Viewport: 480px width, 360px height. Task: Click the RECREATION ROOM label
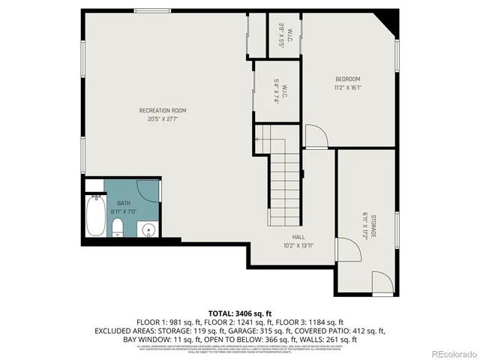tap(162, 111)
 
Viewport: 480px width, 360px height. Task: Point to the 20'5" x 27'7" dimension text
tap(162, 118)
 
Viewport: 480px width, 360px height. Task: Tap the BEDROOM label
tap(347, 79)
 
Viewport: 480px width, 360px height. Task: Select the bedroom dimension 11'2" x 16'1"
tap(347, 87)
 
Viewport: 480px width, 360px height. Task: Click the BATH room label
tap(123, 203)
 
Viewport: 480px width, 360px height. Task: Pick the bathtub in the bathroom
tap(94, 216)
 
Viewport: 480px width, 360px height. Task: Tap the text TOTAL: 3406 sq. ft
tap(239, 312)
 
